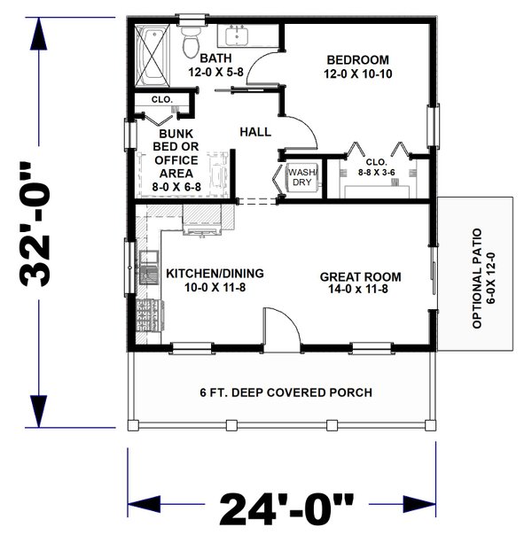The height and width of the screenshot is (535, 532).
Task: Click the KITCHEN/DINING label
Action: tap(202, 280)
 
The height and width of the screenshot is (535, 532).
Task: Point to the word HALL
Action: tap(254, 132)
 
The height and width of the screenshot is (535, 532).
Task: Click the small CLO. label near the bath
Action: tap(160, 99)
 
